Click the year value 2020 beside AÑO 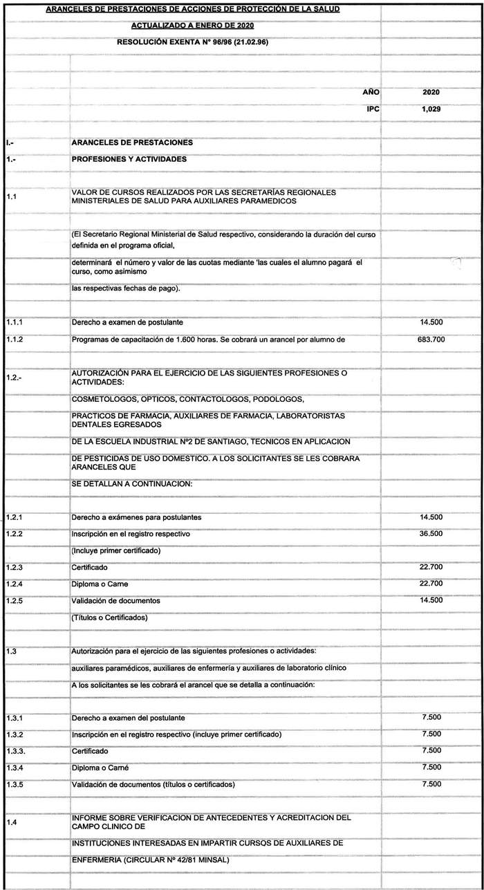click(x=431, y=91)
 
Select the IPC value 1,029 click(x=431, y=109)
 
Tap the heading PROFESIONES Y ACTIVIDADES click(x=129, y=159)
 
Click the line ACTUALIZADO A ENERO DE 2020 click(x=192, y=26)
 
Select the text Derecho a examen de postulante click(x=127, y=323)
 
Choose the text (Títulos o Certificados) click(x=110, y=618)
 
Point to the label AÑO click(x=371, y=91)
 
